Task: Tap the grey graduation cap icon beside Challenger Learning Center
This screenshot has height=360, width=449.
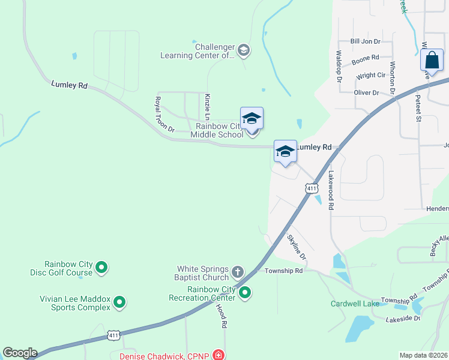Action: (244, 50)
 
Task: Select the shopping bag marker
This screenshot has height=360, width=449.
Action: (432, 61)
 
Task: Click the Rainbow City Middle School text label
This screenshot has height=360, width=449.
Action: (217, 130)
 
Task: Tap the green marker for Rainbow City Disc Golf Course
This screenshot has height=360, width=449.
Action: (101, 267)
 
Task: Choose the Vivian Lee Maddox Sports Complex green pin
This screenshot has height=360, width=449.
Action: (119, 302)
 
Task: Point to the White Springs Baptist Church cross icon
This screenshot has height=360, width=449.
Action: (238, 272)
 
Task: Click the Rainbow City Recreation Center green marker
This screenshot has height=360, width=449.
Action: (245, 293)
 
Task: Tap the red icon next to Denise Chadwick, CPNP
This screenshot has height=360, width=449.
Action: (220, 356)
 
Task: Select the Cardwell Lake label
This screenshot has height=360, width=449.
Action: (355, 304)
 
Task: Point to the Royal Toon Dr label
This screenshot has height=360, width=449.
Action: (164, 115)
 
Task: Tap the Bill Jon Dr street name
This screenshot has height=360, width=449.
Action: (366, 41)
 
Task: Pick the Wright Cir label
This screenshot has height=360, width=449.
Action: (370, 76)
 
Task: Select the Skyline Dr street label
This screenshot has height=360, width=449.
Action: (296, 247)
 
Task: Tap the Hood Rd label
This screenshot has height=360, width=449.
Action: (221, 315)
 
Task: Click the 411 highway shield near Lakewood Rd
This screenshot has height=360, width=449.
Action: (311, 188)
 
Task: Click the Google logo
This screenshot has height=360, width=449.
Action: (19, 353)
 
